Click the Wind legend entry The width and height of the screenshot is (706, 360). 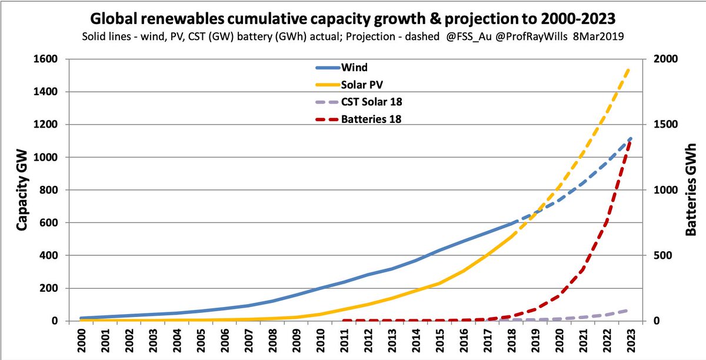[x=353, y=68]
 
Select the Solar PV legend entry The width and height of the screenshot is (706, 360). [x=362, y=85]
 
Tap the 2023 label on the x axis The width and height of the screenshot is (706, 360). [x=630, y=341]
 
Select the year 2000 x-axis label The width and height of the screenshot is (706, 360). [x=83, y=341]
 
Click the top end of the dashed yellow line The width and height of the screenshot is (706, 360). [x=630, y=69]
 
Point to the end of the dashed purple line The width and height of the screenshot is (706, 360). [x=628, y=309]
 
